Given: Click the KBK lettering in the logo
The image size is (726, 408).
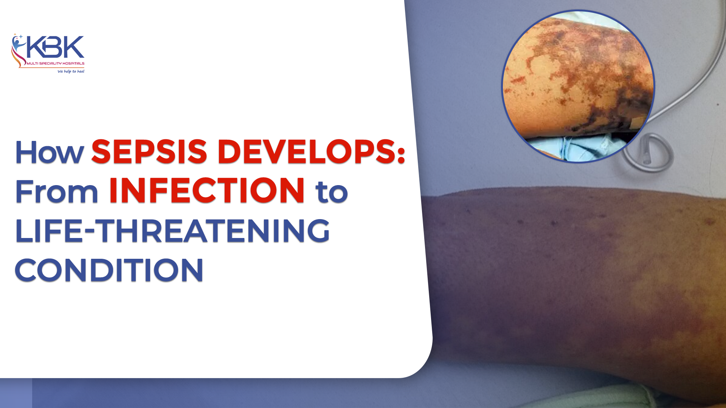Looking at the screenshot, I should [x=55, y=47].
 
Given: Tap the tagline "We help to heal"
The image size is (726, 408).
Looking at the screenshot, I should [x=71, y=71].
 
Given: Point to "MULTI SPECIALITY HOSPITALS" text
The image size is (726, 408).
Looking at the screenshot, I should [x=56, y=63].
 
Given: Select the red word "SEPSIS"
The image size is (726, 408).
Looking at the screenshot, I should [x=149, y=152].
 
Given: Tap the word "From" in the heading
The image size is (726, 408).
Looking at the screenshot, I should [x=57, y=192].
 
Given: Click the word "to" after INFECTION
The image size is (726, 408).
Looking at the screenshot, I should [x=332, y=192].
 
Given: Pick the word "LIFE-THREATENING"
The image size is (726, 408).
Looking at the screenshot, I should [x=172, y=231].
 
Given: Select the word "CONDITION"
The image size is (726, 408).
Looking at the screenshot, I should [x=109, y=270].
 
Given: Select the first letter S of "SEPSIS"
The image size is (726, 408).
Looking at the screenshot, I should [x=102, y=152].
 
